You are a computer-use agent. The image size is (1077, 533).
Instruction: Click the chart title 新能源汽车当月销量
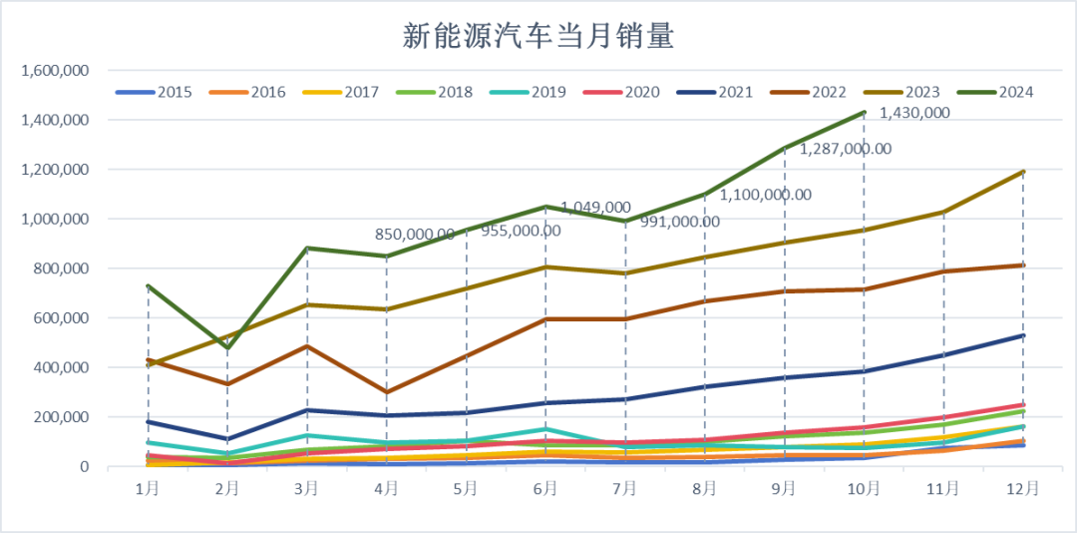[538, 37]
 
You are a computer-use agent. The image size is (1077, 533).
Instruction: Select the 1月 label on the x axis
[148, 488]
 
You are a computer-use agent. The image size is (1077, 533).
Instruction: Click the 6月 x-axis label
[545, 488]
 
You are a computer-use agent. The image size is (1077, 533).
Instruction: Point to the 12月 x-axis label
[1022, 488]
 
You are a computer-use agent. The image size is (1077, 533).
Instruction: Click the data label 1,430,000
[913, 113]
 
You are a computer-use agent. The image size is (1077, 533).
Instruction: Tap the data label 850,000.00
[415, 235]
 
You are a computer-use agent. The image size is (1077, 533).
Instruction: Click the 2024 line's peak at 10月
[864, 112]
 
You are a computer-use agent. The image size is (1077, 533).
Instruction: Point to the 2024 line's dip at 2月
[227, 347]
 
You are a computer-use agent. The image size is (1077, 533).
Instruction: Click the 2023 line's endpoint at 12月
[1023, 172]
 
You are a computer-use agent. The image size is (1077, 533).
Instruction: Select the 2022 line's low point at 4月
[387, 392]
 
